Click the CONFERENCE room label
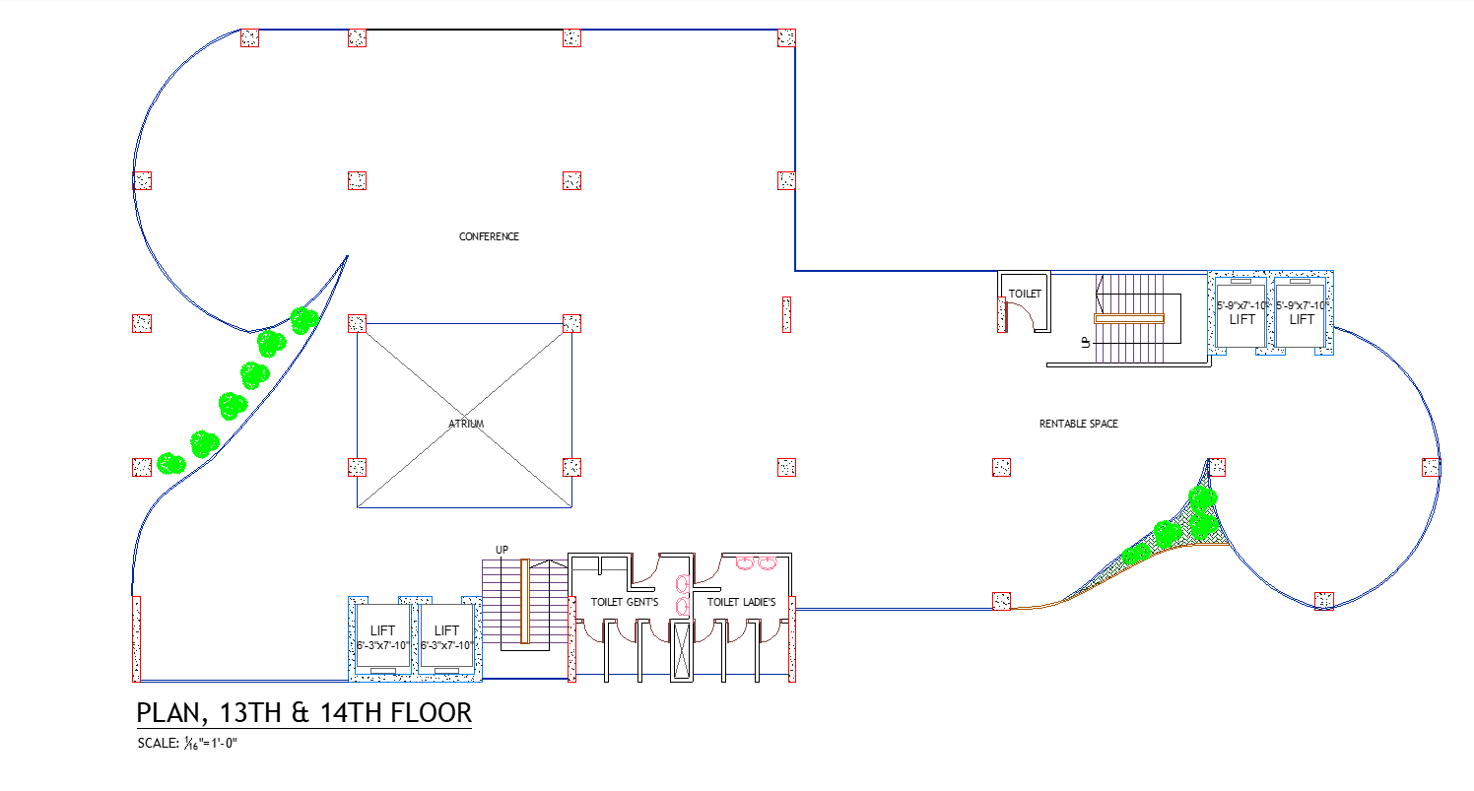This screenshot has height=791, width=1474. (x=489, y=236)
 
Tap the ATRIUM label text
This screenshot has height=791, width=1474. (x=465, y=424)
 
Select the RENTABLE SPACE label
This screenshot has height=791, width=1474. (x=1078, y=424)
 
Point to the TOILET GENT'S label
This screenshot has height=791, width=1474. (x=625, y=602)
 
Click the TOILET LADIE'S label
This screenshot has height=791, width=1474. (x=741, y=602)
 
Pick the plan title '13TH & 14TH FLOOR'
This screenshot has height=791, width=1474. (x=303, y=712)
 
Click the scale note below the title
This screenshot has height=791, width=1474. (x=188, y=743)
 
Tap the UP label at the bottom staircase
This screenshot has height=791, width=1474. (x=502, y=550)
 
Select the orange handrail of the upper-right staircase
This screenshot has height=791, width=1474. (x=1128, y=318)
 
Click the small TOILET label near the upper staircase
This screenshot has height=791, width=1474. (x=1024, y=294)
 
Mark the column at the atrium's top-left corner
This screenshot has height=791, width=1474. (x=357, y=323)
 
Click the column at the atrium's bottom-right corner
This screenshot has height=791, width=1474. (x=571, y=467)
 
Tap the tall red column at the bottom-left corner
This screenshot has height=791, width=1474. (x=136, y=638)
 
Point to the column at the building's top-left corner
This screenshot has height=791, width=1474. (x=249, y=37)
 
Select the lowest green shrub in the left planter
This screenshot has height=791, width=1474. (x=171, y=463)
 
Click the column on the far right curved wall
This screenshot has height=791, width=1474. (x=1431, y=467)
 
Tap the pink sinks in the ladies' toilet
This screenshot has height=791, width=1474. (x=756, y=563)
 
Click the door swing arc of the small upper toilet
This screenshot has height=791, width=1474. (x=1021, y=316)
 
